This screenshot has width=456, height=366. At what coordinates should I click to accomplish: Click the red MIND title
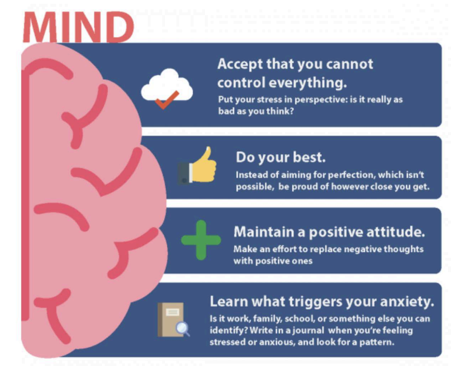pos(79,28)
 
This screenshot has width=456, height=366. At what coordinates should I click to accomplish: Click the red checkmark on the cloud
pos(167,100)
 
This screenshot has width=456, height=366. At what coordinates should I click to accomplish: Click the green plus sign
pos(201,240)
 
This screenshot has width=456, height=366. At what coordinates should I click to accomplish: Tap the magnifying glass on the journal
pos(183,329)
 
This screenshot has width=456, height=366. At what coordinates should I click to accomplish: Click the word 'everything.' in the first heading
pos(308,83)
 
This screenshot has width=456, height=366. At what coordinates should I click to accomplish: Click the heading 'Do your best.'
pos(280,157)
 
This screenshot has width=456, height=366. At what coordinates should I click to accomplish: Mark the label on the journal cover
pos(173,312)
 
